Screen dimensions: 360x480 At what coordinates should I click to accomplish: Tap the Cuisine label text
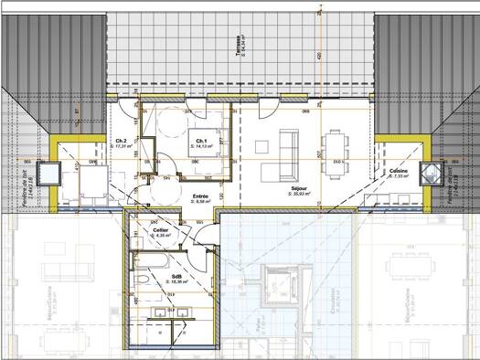398,171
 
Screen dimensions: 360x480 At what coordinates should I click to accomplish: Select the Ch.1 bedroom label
201,141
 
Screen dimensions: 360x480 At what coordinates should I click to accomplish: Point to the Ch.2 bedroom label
121,141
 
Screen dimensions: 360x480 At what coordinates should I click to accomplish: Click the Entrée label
201,196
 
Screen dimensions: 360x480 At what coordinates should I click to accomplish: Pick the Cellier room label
162,230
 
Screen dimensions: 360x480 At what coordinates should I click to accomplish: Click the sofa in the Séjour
287,145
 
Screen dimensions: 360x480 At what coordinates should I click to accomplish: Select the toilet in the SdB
145,281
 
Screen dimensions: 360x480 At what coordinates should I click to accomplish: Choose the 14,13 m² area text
201,146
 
